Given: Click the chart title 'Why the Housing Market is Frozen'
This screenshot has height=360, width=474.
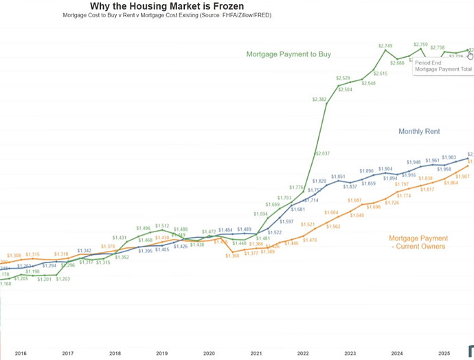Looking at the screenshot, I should pos(167,6).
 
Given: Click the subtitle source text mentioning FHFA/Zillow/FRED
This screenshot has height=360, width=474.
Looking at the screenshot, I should pos(167,15).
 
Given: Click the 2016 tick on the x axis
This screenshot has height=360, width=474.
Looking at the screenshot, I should pos(21,353).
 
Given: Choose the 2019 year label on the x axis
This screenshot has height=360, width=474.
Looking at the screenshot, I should pos(161,353).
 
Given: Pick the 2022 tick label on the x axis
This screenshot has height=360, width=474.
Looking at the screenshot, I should pos(303,353).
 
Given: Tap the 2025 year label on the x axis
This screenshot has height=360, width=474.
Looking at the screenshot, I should pos(444,353).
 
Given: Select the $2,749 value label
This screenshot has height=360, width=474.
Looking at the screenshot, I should pos(385,45).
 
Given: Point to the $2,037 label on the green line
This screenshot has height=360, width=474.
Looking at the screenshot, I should pos(322,153).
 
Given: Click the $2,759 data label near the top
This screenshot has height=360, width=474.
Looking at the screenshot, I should pos(420,45).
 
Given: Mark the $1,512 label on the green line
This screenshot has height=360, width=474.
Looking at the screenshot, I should pos(162,226).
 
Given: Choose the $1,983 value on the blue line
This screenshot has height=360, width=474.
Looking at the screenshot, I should pos(449,157).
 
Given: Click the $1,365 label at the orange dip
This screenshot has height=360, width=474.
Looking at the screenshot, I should pos(232,256).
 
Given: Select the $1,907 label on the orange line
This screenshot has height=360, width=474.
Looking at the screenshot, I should pos(463,177).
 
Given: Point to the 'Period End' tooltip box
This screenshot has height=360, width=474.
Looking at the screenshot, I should pos(443,66).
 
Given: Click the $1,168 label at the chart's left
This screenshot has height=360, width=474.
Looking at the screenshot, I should pos(5,283).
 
